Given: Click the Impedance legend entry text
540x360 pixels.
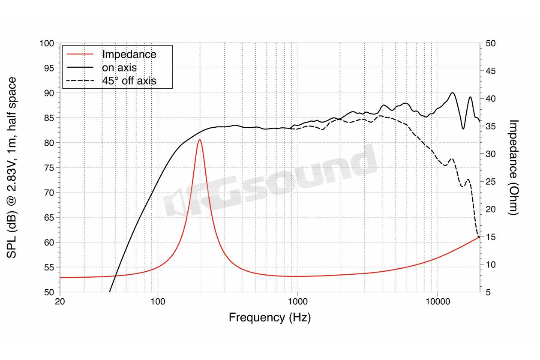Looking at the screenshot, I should tap(129, 54).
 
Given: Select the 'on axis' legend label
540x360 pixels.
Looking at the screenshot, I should tap(119, 67).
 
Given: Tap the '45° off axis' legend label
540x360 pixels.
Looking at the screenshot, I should tap(129, 80).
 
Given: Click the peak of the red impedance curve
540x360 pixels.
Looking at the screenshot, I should tap(199, 140).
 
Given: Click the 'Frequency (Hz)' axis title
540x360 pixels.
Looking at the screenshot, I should tap(270, 318).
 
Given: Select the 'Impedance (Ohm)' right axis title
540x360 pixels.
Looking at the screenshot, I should tap(514, 167).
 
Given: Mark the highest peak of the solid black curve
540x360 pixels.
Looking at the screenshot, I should tap(453, 93).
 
